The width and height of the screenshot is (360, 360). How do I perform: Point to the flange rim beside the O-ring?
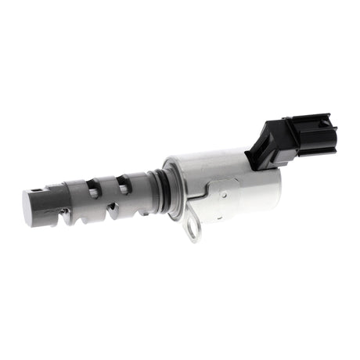coord(169,188)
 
